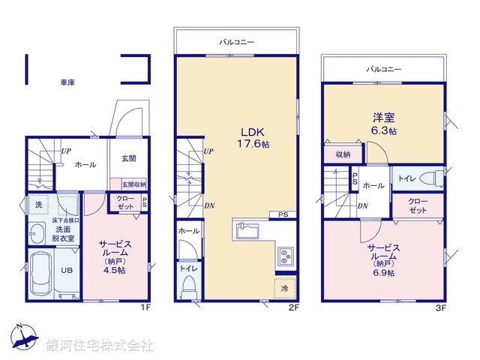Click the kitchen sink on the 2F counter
(247, 231)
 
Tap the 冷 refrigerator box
(285, 287)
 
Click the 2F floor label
(294, 307)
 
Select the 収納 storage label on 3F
(343, 154)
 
